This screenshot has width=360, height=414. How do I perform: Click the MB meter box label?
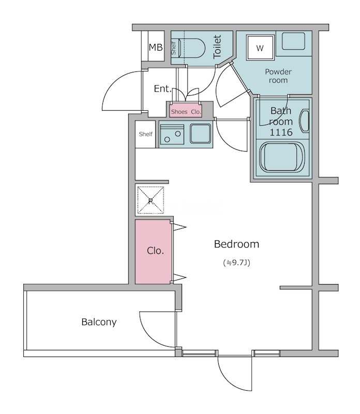pyautogui.click(x=156, y=47)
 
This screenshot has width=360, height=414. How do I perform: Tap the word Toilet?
pyautogui.click(x=217, y=47)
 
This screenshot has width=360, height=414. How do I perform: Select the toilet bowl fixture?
pyautogui.click(x=191, y=48)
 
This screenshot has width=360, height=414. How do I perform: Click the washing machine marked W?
pyautogui.click(x=260, y=48)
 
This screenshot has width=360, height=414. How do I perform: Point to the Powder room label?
pyautogui.click(x=278, y=76)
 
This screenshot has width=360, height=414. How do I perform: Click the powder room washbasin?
pyautogui.click(x=293, y=41)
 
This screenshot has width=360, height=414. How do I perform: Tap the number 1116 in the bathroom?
pyautogui.click(x=281, y=132)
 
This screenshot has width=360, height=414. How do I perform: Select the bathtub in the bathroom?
pyautogui.click(x=282, y=157)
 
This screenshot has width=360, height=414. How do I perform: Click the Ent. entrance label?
pyautogui.click(x=162, y=88)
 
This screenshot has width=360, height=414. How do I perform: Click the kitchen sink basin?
pyautogui.click(x=201, y=134)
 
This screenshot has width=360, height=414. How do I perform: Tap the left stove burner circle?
pyautogui.click(x=167, y=139)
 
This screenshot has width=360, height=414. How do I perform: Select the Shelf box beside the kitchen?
pyautogui.click(x=145, y=134)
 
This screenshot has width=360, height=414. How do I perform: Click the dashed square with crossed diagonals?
pyautogui.click(x=151, y=200)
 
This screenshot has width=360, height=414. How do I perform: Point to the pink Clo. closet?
pyautogui.click(x=154, y=252)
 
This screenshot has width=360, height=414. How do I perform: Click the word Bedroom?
pyautogui.click(x=236, y=244)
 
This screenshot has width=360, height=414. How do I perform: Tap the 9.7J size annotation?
pyautogui.click(x=237, y=263)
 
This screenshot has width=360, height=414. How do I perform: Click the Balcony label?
pyautogui.click(x=99, y=322)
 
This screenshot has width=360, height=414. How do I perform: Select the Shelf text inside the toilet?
pyautogui.click(x=174, y=48)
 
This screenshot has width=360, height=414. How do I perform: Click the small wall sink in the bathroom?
pyautogui.click(x=304, y=121)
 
